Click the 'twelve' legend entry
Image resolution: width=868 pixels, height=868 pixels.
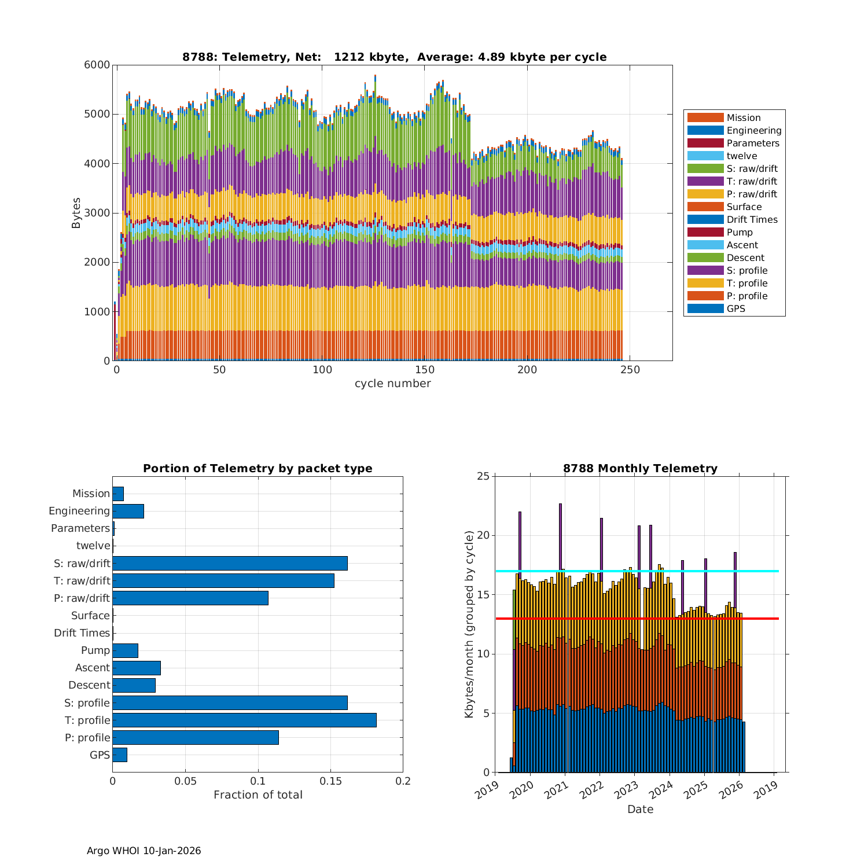click(741, 156)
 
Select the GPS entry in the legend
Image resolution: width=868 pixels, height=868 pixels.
click(735, 309)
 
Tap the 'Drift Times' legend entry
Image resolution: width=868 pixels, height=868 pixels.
click(752, 220)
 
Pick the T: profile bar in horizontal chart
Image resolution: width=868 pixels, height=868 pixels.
click(244, 720)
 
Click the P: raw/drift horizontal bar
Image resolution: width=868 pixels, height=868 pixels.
click(190, 598)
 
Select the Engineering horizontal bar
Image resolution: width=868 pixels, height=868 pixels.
click(128, 511)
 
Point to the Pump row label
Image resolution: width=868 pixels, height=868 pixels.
click(95, 650)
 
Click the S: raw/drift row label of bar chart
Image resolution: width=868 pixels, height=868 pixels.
click(82, 564)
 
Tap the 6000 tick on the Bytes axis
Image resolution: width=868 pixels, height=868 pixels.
click(98, 65)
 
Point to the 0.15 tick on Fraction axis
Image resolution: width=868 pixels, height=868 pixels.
click(330, 781)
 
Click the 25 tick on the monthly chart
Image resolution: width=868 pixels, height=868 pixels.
click(483, 476)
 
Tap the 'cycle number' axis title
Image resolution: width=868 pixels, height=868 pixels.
click(392, 384)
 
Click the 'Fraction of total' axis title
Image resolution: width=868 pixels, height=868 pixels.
click(258, 795)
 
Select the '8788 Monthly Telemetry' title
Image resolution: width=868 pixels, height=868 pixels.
click(640, 469)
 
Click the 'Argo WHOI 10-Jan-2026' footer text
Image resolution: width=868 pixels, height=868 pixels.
click(144, 851)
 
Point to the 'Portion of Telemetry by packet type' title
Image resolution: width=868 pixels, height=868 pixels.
click(258, 469)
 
